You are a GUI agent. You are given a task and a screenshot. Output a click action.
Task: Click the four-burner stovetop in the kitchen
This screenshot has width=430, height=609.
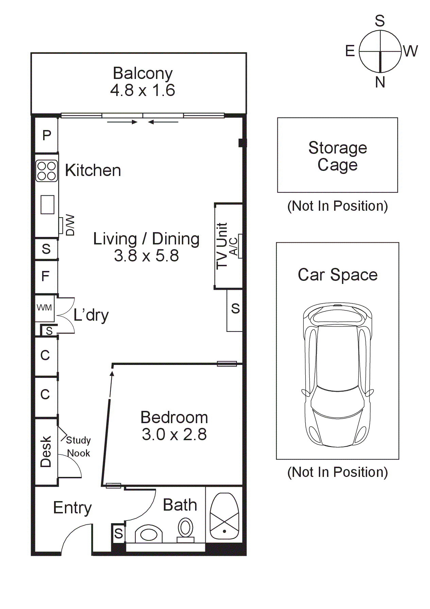point(47,171)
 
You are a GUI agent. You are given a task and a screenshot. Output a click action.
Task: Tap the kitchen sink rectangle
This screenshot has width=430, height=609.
point(48,204)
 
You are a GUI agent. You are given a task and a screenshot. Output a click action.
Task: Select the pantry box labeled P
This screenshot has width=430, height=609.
point(47,135)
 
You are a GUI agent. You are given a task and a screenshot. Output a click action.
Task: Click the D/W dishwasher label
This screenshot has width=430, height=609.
point(70,225)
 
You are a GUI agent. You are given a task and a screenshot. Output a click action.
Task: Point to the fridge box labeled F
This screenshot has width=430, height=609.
point(46,276)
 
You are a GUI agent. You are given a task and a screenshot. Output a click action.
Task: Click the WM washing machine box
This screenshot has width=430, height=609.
point(45,308)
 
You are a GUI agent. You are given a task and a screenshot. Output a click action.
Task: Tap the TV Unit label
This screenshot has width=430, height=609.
point(222,246)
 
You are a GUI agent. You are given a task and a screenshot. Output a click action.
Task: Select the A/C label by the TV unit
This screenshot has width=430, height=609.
point(234,246)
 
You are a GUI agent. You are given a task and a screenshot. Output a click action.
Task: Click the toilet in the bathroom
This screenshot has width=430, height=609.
point(186,529)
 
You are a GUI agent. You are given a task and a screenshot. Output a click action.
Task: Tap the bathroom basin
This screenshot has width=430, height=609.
point(149,534)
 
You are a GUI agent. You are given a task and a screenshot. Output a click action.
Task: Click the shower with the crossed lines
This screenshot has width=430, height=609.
point(224,516)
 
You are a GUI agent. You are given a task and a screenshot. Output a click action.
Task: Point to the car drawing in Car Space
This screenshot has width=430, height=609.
point(338,374)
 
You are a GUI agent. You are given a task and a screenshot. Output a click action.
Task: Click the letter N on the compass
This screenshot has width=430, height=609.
point(380,82)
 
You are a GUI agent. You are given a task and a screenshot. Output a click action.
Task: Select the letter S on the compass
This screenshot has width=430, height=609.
point(380,21)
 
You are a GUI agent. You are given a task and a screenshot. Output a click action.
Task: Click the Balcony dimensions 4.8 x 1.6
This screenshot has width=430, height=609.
point(142,91)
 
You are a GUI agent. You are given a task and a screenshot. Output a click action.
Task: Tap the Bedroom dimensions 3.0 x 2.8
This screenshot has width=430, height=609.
point(174,435)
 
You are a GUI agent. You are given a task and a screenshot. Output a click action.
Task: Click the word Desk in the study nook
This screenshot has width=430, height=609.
point(46,451)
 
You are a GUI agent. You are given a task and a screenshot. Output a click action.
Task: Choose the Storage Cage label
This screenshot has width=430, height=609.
point(338,156)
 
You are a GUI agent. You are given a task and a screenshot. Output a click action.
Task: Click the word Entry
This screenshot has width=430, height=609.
point(72,508)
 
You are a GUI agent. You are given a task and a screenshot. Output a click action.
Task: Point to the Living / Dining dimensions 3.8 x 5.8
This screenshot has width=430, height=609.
point(146,256)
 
